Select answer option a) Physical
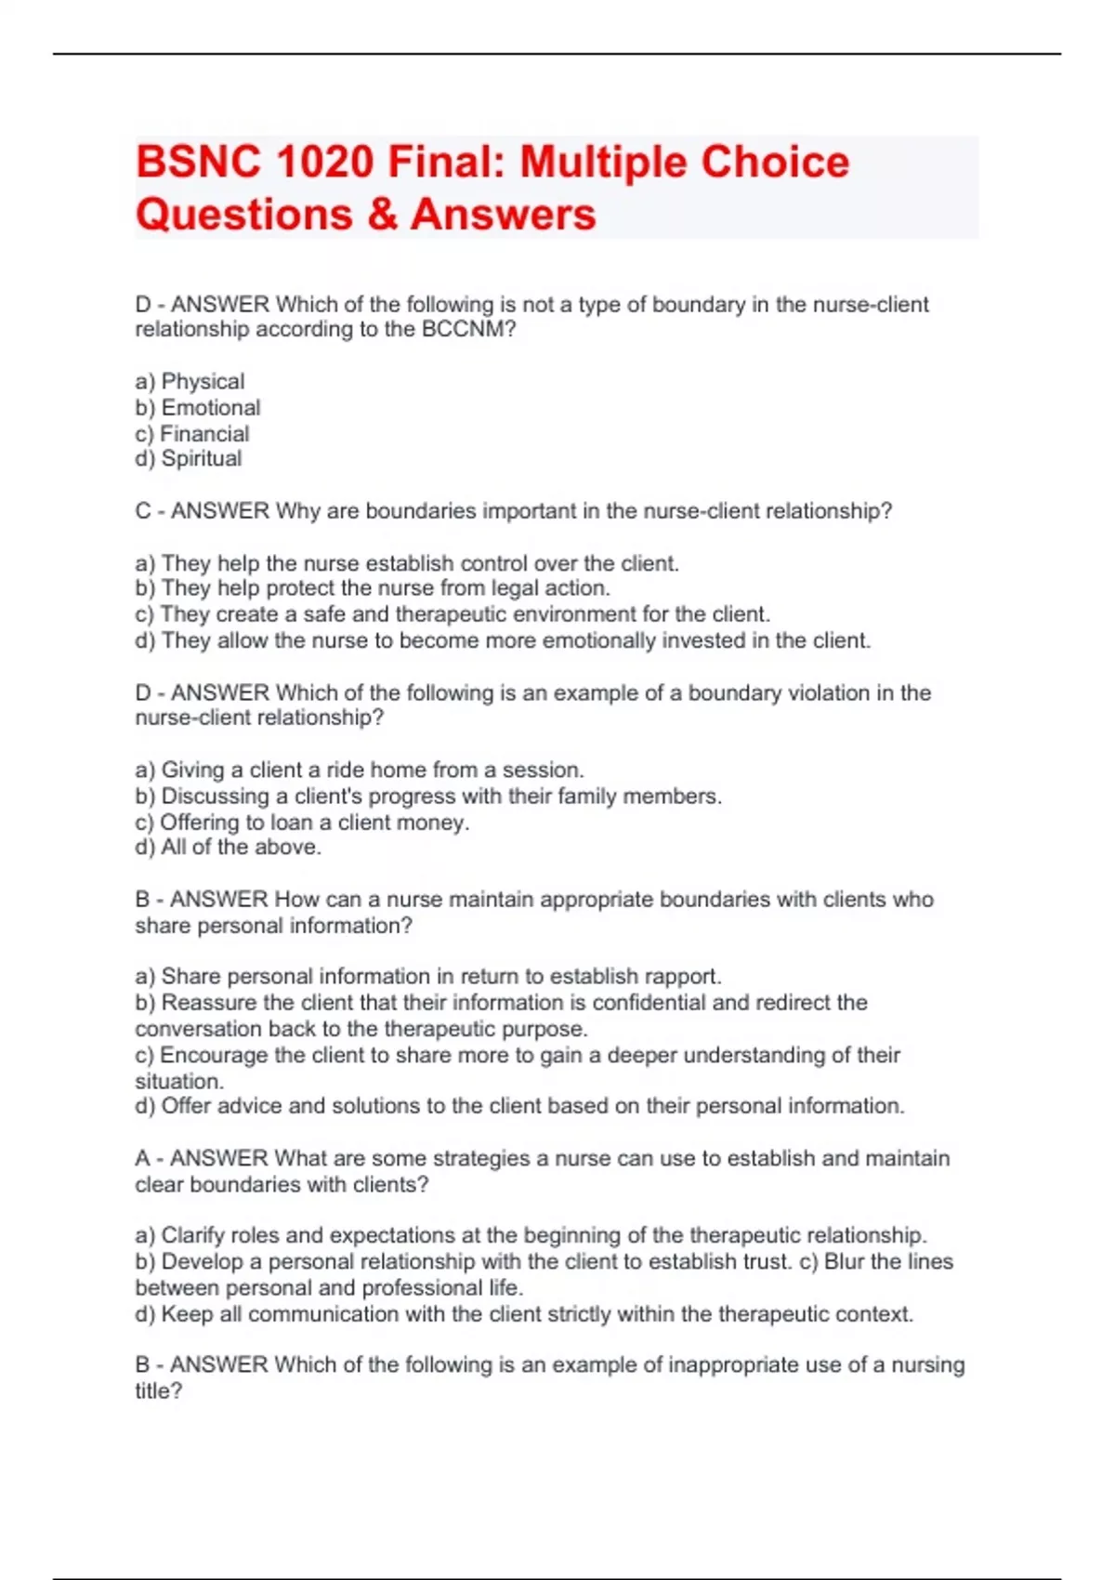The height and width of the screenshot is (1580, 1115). click(x=190, y=381)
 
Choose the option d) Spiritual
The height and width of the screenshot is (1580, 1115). click(x=189, y=458)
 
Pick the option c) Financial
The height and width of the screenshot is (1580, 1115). click(x=192, y=433)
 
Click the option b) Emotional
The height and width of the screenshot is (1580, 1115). click(x=198, y=407)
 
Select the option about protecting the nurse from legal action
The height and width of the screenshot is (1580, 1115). click(x=373, y=587)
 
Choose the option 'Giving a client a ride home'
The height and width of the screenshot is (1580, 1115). click(x=360, y=770)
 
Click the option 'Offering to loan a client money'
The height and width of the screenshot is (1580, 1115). click(x=302, y=822)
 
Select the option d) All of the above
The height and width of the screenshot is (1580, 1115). click(x=228, y=847)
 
